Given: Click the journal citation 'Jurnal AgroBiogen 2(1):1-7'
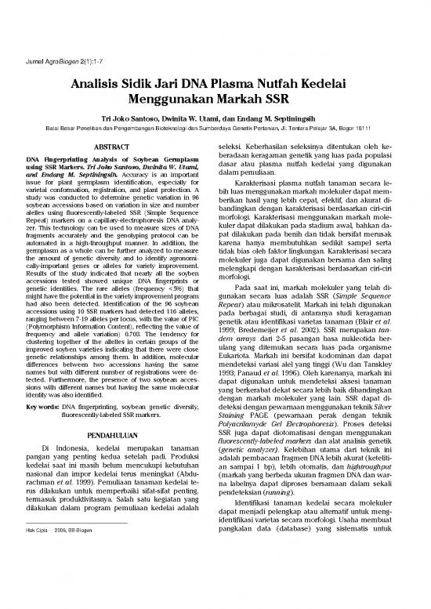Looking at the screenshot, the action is [x=55, y=61].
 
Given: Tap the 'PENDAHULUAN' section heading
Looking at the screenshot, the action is [x=117, y=433].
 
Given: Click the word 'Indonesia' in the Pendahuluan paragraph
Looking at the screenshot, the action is [x=78, y=448].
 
